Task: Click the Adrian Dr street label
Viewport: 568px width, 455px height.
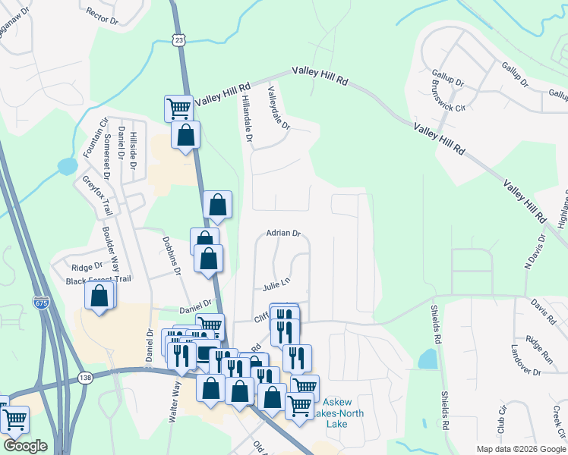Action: click(283, 234)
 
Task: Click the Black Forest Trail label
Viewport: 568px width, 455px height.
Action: click(99, 280)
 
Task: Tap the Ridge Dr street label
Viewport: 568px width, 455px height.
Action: click(87, 267)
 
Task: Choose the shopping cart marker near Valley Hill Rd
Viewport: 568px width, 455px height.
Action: click(178, 108)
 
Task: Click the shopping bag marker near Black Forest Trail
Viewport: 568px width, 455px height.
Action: click(99, 295)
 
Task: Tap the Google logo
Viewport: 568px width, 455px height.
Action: click(25, 446)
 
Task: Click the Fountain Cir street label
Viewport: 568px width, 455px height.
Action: click(99, 137)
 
